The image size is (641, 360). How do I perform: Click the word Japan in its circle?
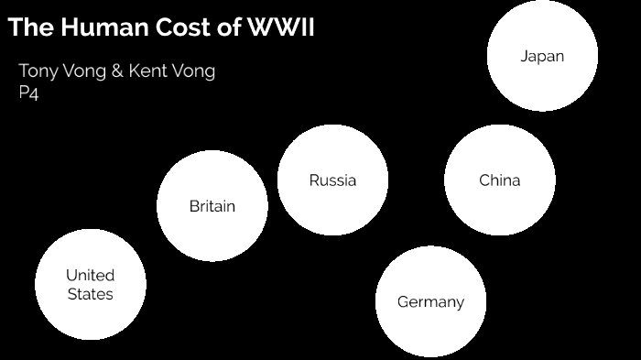click(542, 56)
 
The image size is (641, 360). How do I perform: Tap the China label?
click(499, 180)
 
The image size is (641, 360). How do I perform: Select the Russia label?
click(332, 180)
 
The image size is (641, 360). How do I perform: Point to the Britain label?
click(212, 206)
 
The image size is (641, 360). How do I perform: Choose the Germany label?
click(430, 301)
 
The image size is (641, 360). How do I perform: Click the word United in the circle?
click(91, 275)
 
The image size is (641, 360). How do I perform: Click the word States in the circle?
click(91, 294)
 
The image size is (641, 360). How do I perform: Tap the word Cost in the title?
click(182, 28)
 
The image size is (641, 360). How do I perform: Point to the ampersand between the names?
click(116, 71)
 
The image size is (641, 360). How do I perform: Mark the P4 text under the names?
click(28, 93)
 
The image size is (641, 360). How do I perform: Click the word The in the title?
click(29, 28)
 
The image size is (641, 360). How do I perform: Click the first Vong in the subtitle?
click(84, 71)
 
